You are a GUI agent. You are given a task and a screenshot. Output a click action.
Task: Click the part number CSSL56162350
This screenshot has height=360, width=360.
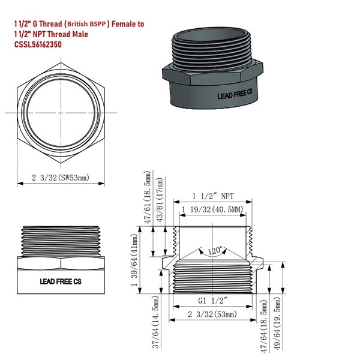pos(38,44)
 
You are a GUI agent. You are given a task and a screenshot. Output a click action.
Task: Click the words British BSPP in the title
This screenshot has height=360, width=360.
pos(86,24)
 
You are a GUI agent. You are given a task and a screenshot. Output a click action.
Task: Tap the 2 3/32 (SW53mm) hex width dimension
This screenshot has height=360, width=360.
pos(61,178)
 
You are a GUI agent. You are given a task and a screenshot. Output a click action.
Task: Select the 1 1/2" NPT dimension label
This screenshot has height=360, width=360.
pos(213,196)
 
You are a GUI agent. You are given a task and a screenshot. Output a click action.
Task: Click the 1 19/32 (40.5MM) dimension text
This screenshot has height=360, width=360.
pos(212,209)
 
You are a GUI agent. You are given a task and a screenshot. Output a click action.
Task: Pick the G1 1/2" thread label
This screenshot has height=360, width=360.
pos(212,301)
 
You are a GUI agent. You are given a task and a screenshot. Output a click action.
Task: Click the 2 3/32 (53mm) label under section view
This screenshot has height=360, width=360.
pos(212,314)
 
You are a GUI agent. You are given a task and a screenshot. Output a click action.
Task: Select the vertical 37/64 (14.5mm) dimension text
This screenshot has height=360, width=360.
pos(155,322)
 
